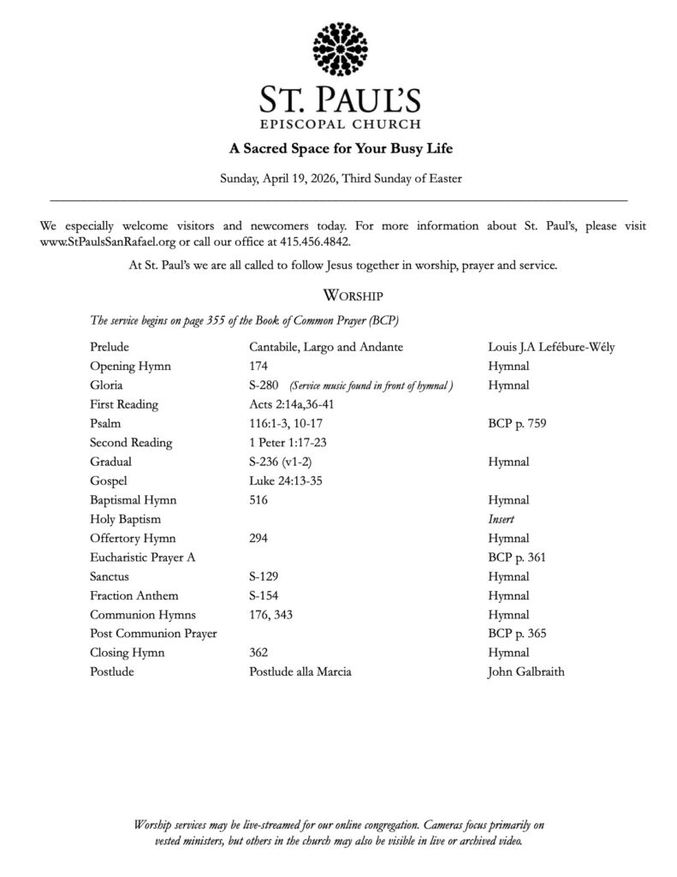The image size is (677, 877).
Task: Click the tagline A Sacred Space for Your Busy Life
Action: [339, 148]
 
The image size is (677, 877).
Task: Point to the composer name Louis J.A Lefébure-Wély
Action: [551, 347]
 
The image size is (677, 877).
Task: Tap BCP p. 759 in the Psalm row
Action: [518, 424]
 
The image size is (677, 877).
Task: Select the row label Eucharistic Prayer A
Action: [142, 558]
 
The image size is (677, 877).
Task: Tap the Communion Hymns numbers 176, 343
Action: [270, 615]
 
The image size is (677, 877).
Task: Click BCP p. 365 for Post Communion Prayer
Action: [518, 634]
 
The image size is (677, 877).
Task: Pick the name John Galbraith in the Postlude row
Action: [526, 672]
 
